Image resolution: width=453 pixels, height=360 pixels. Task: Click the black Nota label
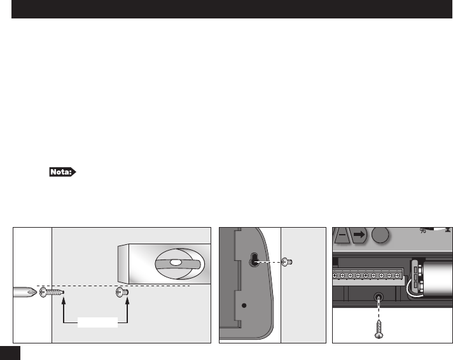pos(63,172)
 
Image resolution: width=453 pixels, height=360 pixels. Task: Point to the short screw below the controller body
pos(123,293)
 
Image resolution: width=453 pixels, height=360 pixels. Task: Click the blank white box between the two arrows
pos(97,323)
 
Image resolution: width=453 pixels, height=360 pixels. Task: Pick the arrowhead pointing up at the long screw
pos(64,303)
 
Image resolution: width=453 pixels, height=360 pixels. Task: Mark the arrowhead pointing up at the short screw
pos(129,303)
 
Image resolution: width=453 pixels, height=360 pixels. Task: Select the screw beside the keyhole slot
pos(288,261)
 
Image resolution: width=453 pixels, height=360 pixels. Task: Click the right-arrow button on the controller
pos(359,235)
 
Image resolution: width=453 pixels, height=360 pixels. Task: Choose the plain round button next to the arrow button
pos(380,235)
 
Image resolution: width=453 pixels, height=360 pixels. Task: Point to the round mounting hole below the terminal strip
pos(379,296)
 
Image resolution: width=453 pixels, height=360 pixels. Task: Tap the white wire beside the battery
pos(414,292)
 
